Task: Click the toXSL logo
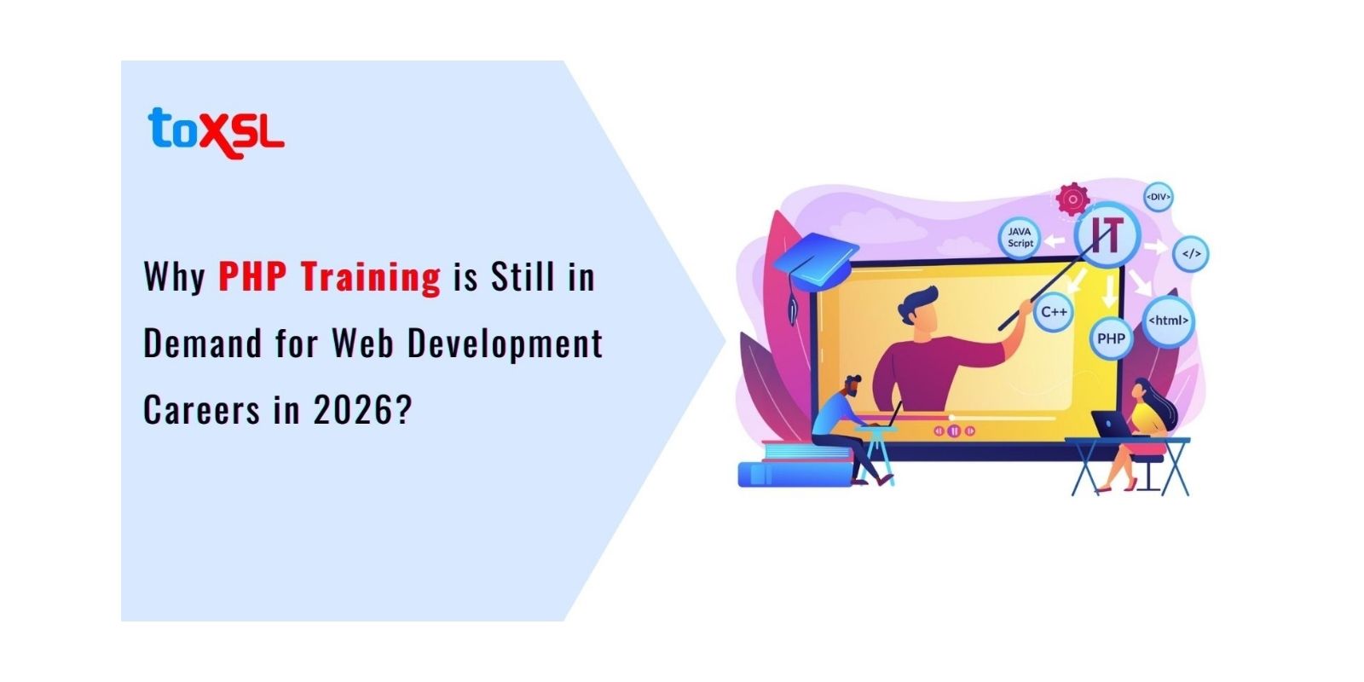pyautogui.click(x=216, y=132)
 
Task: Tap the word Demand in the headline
pyautogui.click(x=203, y=344)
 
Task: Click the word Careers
pyautogui.click(x=201, y=410)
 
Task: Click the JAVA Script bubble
pyautogui.click(x=1020, y=237)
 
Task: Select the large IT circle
pyautogui.click(x=1107, y=233)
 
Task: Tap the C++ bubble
pyautogui.click(x=1054, y=312)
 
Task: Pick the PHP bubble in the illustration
pyautogui.click(x=1111, y=338)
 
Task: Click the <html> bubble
pyautogui.click(x=1168, y=321)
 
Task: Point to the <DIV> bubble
pyautogui.click(x=1158, y=197)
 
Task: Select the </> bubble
pyautogui.click(x=1190, y=254)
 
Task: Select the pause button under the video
pyautogui.click(x=954, y=431)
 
